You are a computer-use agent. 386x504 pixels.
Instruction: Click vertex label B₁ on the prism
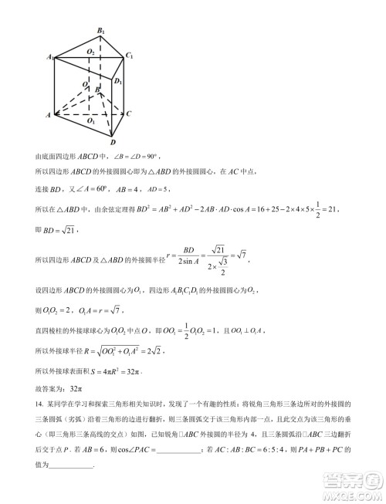100,30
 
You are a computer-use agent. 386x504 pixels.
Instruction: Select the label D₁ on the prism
118,81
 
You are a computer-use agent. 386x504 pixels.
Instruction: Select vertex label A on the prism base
49,115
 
